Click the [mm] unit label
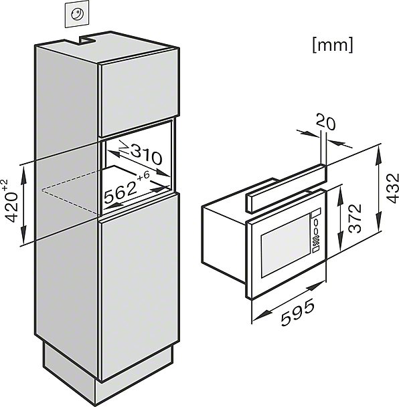coord(333,45)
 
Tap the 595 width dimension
coord(298,312)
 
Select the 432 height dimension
coord(392,188)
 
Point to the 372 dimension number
coord(355,219)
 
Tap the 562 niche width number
coord(121,192)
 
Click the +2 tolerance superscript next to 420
coord(5,184)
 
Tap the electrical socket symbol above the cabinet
coord(77,14)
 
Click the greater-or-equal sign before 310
coord(125,147)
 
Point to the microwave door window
coord(285,245)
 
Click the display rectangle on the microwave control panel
coord(316,213)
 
